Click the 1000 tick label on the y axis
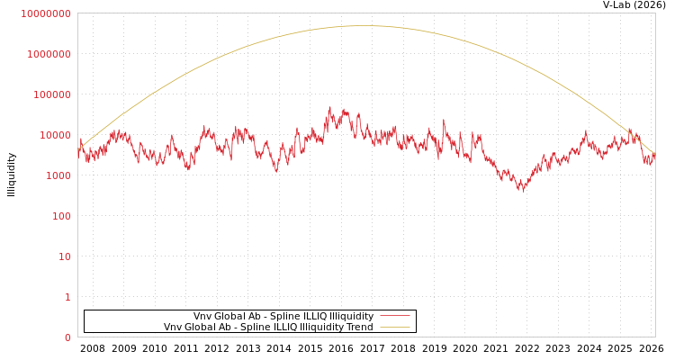57,175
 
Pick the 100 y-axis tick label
59,216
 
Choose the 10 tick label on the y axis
63,256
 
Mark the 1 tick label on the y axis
67,297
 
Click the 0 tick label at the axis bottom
67,337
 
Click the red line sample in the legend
395,316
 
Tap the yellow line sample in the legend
395,327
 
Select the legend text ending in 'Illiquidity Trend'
268,327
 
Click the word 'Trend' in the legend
358,327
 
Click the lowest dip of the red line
521,190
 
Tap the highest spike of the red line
329,108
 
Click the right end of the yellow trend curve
654,154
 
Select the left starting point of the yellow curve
78,149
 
